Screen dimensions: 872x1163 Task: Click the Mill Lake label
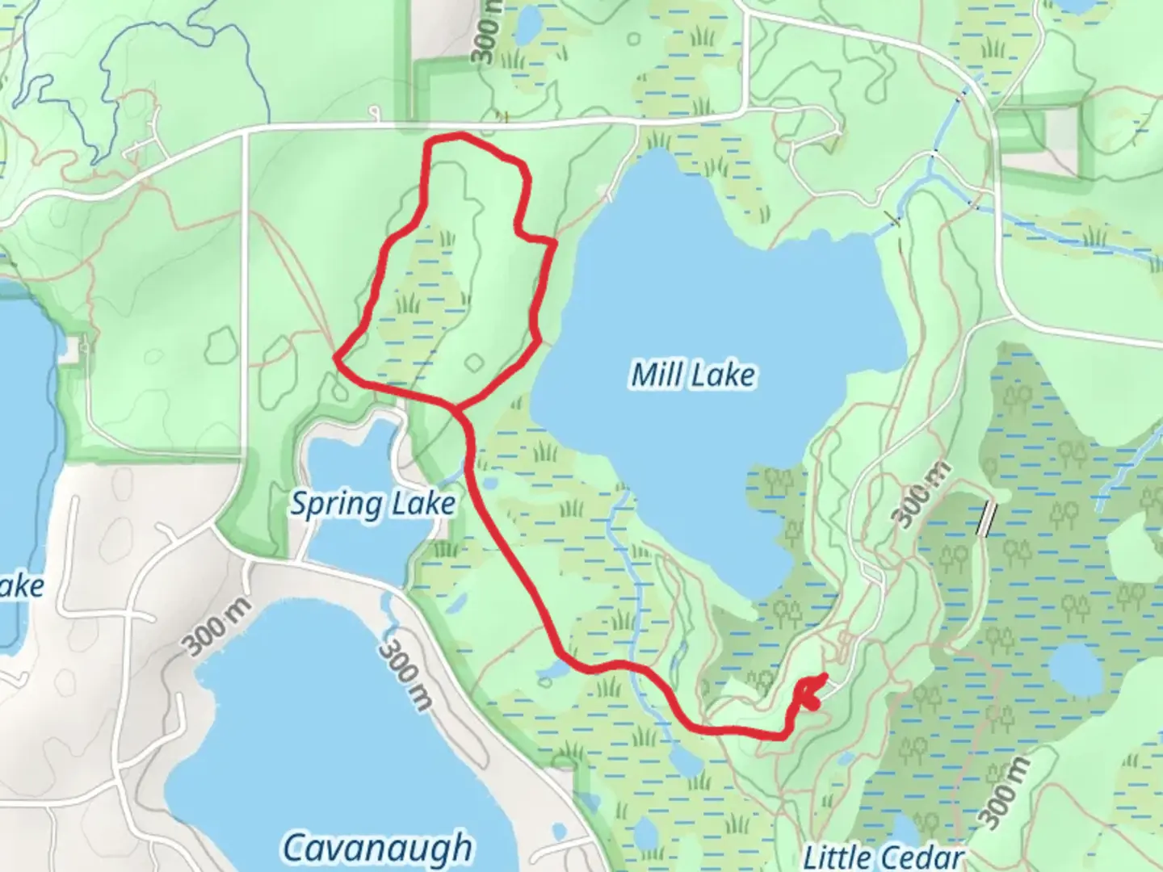click(693, 375)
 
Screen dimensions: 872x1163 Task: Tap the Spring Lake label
click(372, 504)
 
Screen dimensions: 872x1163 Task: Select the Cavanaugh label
click(378, 847)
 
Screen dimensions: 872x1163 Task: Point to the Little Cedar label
click(884, 856)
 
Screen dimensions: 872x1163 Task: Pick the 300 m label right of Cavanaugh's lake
click(403, 675)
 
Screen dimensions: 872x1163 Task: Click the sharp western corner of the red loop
click(336, 356)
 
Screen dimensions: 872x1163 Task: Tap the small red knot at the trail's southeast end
click(810, 693)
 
